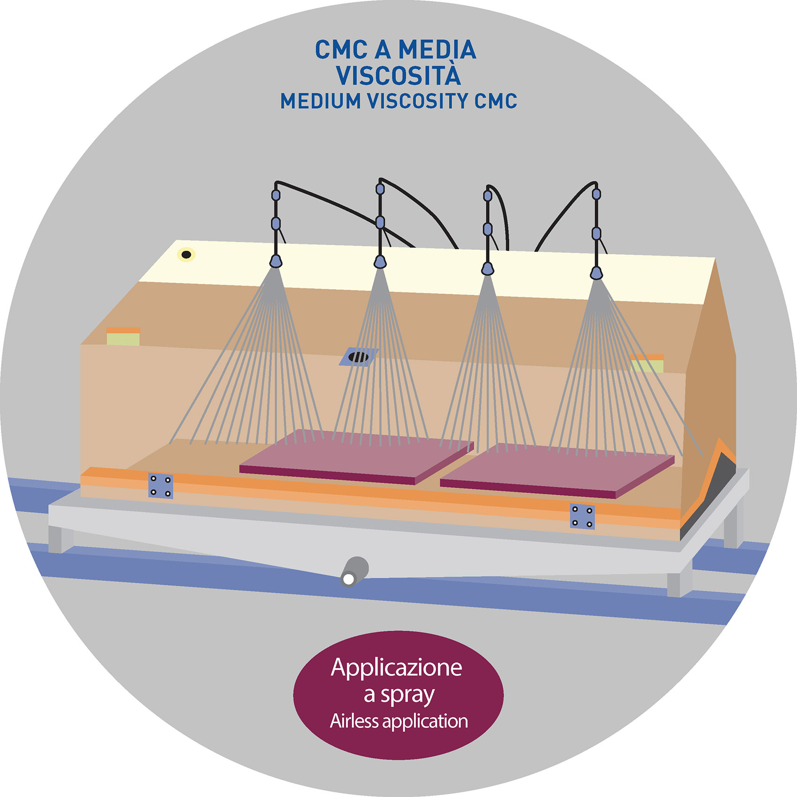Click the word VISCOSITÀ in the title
tap(398, 75)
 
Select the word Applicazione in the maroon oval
tap(396, 668)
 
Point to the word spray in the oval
tap(408, 695)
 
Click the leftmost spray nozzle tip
tap(276, 261)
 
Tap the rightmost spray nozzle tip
tap(596, 272)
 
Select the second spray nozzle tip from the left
tap(380, 261)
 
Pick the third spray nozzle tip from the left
tap(488, 269)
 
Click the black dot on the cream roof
tap(186, 255)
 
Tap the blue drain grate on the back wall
tap(358, 357)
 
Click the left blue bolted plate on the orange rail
tap(161, 486)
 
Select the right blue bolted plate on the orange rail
tap(582, 516)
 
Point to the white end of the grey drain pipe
tap(348, 580)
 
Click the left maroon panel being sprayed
tap(356, 457)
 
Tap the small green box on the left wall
tap(123, 339)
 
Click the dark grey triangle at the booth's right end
tap(708, 492)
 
